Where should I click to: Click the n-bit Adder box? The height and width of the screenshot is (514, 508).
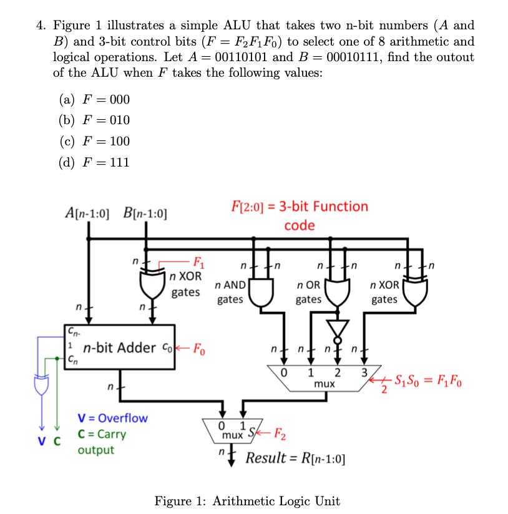click(119, 347)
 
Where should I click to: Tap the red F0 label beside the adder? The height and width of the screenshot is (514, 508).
click(197, 347)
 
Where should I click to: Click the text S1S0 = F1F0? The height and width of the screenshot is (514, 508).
click(427, 381)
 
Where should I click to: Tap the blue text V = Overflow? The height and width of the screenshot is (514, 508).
click(112, 418)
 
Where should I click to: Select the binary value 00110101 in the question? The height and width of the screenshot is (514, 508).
click(243, 57)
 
